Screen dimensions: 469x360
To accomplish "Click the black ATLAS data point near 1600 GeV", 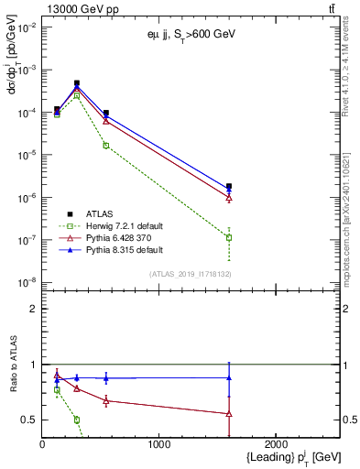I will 229,187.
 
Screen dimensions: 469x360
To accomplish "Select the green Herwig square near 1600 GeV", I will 229,237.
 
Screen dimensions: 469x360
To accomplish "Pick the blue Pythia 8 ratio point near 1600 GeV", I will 229,377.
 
